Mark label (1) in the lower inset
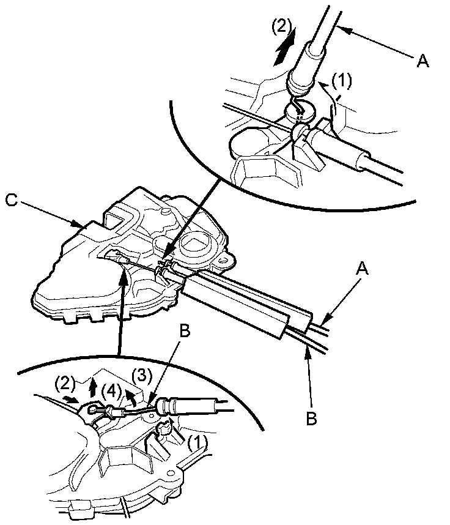pos(198,442)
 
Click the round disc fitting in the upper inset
pos(299,111)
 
